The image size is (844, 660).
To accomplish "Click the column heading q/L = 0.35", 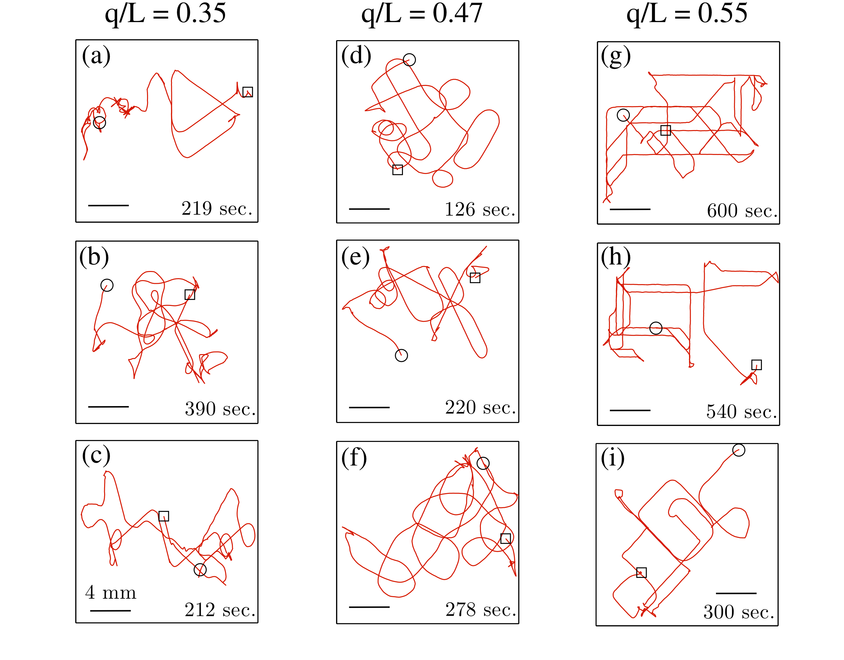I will tap(165, 14).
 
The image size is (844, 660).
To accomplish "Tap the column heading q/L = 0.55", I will tap(687, 14).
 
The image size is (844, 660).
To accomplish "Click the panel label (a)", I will tap(96, 56).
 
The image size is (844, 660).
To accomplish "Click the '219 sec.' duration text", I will tap(217, 209).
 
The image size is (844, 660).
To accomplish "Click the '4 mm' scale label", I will tap(111, 592).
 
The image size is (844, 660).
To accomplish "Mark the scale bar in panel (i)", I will tap(736, 593).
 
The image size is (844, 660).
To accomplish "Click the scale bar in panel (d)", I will tap(369, 209).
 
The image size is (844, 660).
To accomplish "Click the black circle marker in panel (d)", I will tap(409, 59).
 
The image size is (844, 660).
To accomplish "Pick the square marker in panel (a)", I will tap(248, 92).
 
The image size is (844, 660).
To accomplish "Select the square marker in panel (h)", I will tap(756, 365).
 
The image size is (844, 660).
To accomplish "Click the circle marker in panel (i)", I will tap(739, 450).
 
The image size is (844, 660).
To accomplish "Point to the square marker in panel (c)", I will tap(164, 516).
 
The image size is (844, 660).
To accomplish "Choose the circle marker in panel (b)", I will tap(107, 285).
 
